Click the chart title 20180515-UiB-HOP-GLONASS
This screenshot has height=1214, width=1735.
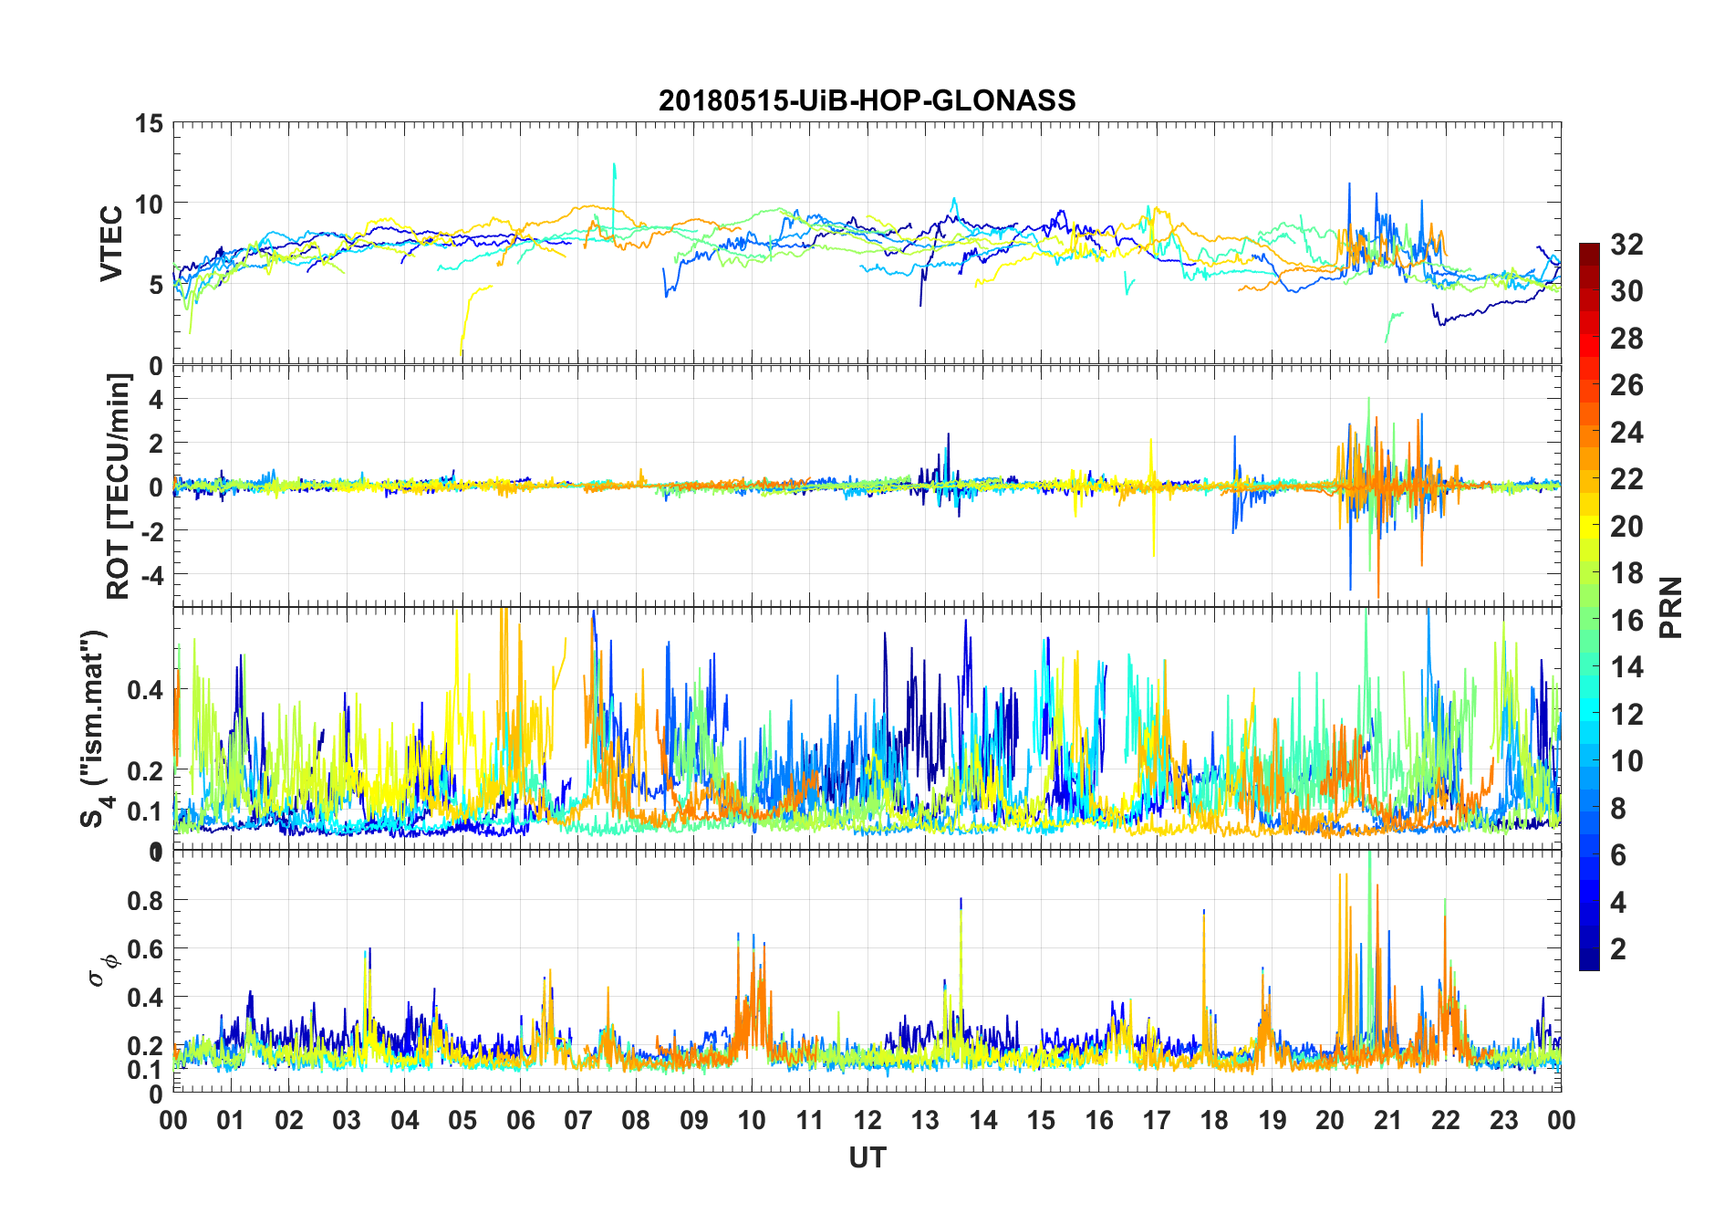pos(867,100)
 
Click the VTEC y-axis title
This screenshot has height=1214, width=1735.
pos(111,244)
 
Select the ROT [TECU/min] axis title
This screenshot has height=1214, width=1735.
pos(119,486)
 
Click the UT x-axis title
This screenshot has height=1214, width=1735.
pos(867,1157)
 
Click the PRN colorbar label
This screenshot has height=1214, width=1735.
pos(1670,607)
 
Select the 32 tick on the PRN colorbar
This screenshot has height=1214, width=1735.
pos(1626,245)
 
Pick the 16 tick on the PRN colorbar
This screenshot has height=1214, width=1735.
pos(1626,621)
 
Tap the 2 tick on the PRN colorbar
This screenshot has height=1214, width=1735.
pos(1618,949)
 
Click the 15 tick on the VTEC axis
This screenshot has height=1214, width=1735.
pos(149,123)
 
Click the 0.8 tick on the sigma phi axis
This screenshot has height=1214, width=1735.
pos(145,900)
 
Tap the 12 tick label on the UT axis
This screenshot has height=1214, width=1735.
pos(867,1121)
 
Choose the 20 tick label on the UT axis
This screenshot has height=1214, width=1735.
pos(1330,1121)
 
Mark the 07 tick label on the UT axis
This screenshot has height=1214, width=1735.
pos(578,1121)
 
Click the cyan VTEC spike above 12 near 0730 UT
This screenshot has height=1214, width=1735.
pos(614,168)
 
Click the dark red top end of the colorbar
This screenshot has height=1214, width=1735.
pos(1589,247)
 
